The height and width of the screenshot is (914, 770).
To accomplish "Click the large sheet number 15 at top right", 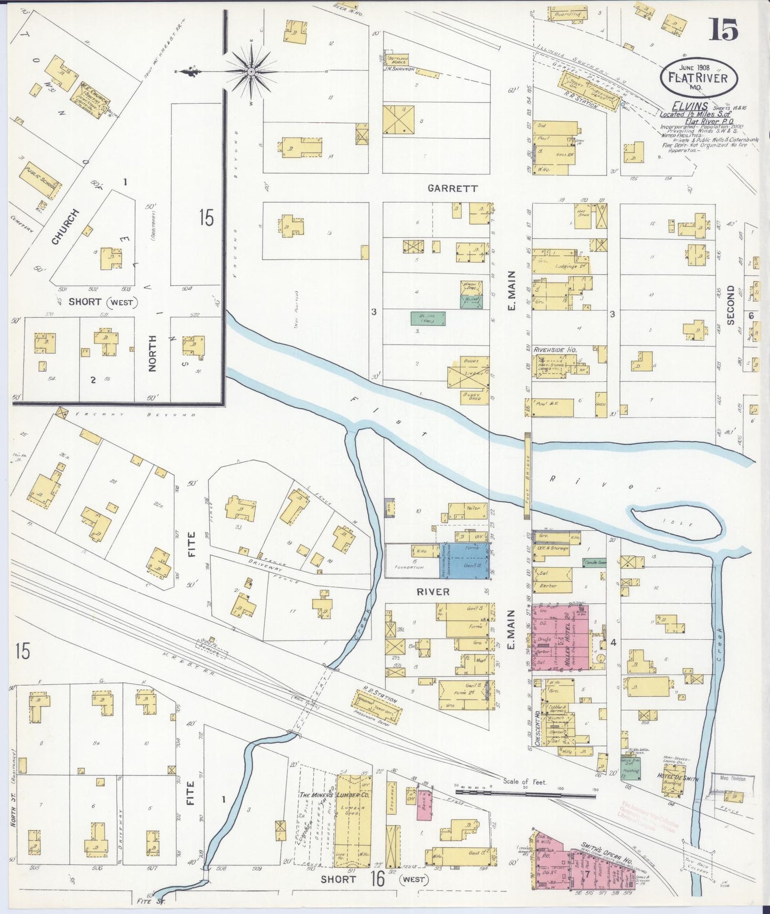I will coord(724,29).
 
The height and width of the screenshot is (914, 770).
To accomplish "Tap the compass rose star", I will coord(251,71).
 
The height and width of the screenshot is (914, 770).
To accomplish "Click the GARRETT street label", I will coord(452,188).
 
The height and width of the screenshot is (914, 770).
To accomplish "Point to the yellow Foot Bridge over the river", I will coord(527,476).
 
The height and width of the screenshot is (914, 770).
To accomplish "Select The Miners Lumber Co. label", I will coord(319,795).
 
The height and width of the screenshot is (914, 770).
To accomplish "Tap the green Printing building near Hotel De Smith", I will coord(631,766).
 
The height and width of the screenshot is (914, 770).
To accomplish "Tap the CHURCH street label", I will coord(66,227).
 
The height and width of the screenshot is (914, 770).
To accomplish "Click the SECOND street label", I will coord(730,305).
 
